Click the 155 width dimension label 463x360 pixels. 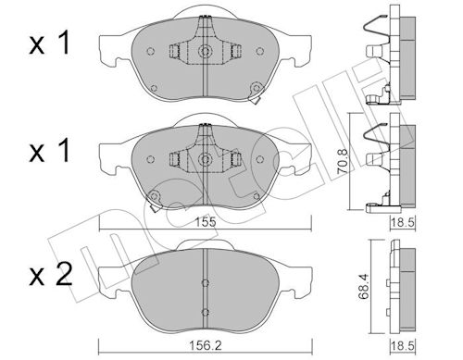tap(206, 222)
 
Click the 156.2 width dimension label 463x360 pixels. tap(206, 345)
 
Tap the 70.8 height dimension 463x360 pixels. tap(343, 162)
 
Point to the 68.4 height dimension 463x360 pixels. tap(364, 287)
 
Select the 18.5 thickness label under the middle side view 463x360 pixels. tap(403, 222)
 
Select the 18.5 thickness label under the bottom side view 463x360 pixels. tap(403, 345)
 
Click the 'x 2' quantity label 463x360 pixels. tap(51, 274)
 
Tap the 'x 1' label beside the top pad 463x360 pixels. tap(49, 44)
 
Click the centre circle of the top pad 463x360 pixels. tap(205, 51)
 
